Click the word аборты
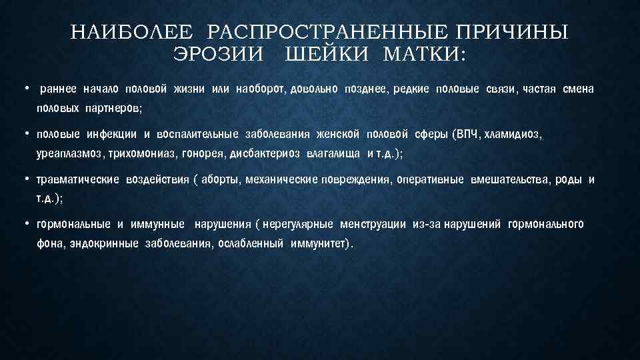pos(222,179)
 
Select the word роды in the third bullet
pos(569,179)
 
